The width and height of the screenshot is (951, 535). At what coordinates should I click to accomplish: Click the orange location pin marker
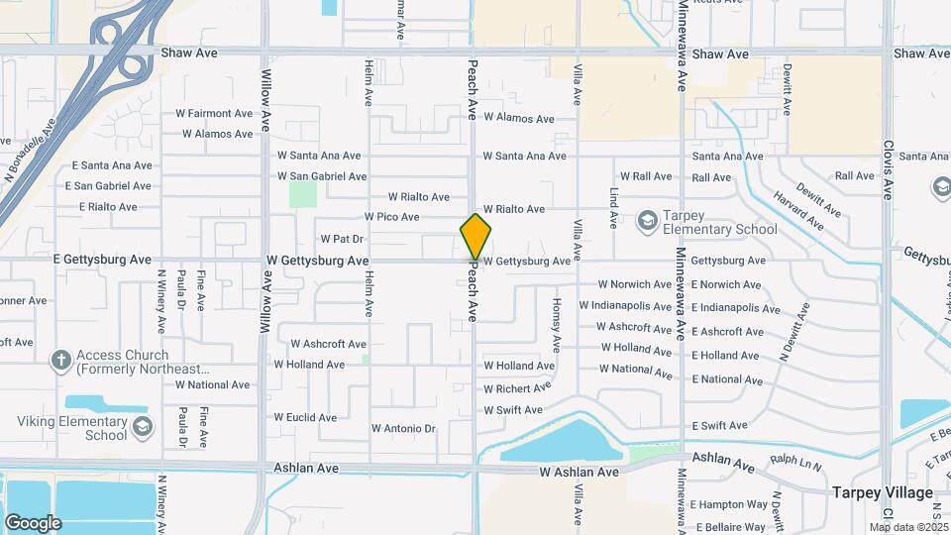[x=475, y=237]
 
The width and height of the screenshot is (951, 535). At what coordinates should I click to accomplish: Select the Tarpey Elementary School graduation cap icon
[x=648, y=219]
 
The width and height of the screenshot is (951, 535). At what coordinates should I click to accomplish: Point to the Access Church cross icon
[x=60, y=361]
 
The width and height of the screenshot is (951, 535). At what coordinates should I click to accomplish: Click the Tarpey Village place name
[x=882, y=492]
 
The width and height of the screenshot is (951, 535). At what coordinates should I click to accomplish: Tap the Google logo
[x=33, y=522]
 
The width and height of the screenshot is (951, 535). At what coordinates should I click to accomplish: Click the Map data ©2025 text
[x=908, y=527]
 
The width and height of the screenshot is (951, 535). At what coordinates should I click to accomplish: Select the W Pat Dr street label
[x=342, y=239]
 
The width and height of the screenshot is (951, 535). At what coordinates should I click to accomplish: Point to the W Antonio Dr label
[x=403, y=429]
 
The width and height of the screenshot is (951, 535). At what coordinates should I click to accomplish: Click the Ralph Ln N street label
[x=796, y=461]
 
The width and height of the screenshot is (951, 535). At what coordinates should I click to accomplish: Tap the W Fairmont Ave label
[x=214, y=114]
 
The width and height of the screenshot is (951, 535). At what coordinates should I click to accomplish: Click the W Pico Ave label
[x=391, y=217]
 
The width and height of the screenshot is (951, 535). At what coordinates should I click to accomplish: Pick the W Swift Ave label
[x=513, y=410]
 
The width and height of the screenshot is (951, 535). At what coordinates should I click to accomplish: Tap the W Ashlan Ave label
[x=580, y=473]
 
